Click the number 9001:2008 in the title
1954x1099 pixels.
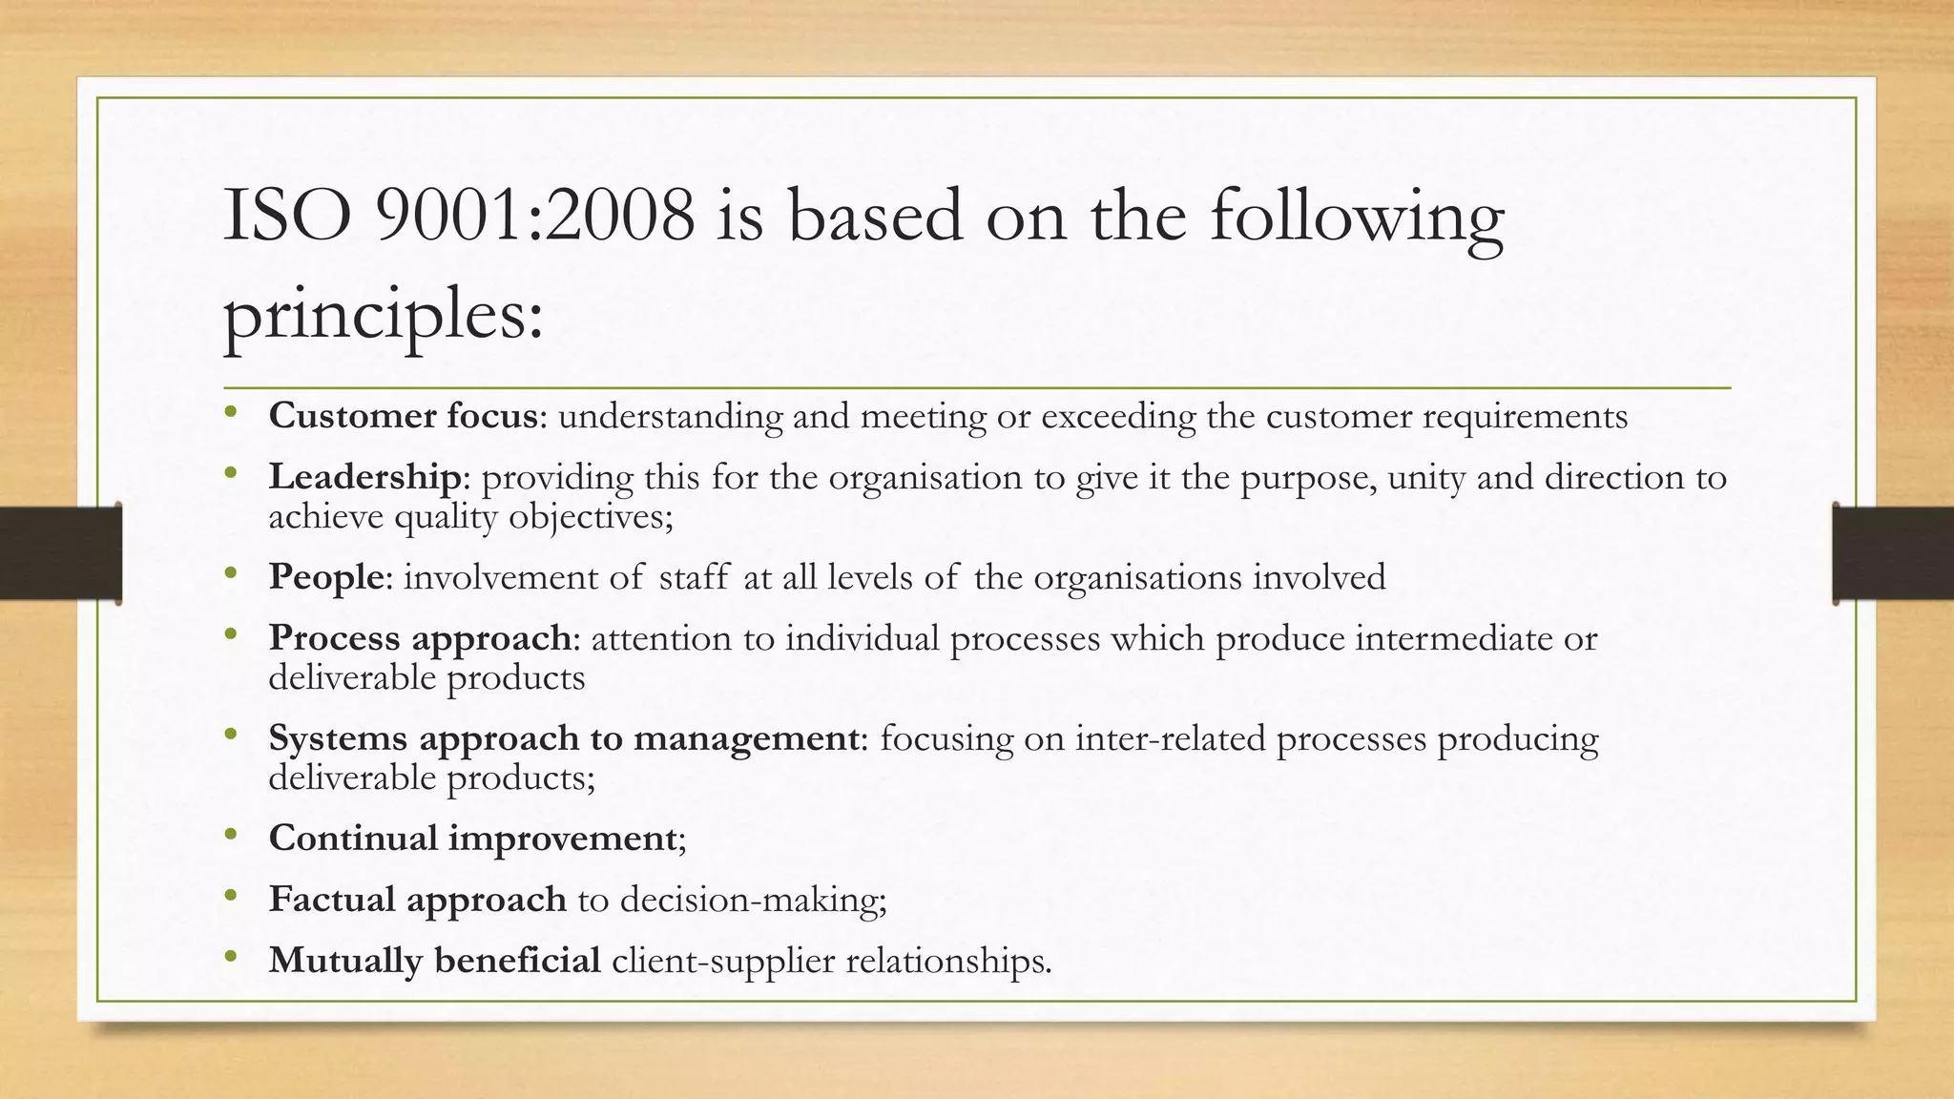click(535, 218)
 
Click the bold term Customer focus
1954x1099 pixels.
click(404, 416)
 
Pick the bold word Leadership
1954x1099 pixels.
click(364, 477)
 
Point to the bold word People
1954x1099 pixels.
click(325, 577)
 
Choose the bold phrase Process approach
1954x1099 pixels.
click(420, 638)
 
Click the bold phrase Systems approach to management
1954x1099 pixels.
click(563, 738)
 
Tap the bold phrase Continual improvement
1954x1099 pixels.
click(472, 838)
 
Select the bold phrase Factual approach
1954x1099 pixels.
click(417, 899)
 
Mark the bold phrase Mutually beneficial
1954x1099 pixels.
click(434, 960)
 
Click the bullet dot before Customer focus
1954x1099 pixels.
click(230, 413)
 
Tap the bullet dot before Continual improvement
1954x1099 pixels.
click(230, 835)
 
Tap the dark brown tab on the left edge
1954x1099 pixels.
click(60, 553)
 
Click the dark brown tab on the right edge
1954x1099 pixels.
click(1893, 553)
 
